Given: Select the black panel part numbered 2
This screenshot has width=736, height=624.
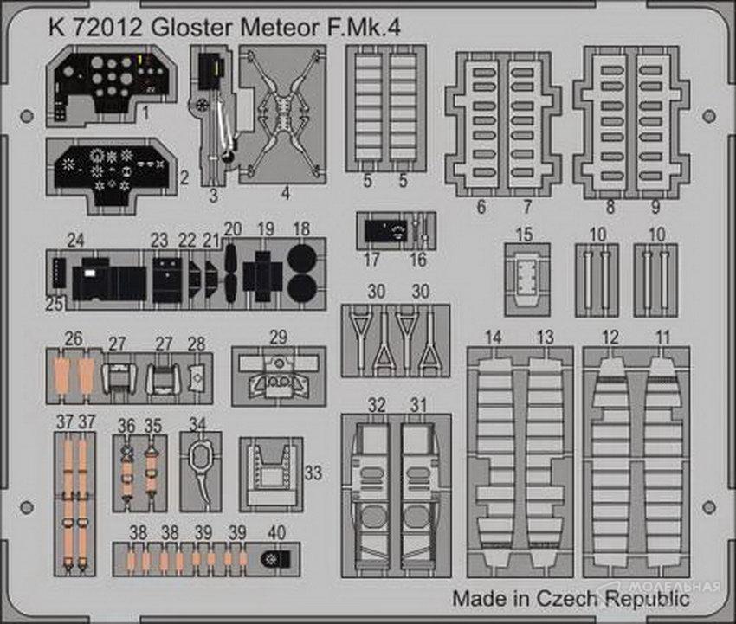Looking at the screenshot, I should (113, 169).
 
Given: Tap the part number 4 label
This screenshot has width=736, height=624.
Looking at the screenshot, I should (285, 196).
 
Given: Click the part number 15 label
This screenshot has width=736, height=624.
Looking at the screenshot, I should (524, 234).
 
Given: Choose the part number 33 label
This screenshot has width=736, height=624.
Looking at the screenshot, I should (313, 473).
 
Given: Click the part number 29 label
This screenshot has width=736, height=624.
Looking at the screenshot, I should (278, 336).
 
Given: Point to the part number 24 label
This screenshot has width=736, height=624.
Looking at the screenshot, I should (76, 240).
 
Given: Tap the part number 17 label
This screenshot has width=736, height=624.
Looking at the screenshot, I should (372, 259).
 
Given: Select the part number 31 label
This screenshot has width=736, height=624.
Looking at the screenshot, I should (419, 404).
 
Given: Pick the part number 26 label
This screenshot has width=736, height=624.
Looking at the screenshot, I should (74, 338).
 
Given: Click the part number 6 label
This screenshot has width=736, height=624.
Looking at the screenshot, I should (481, 207).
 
